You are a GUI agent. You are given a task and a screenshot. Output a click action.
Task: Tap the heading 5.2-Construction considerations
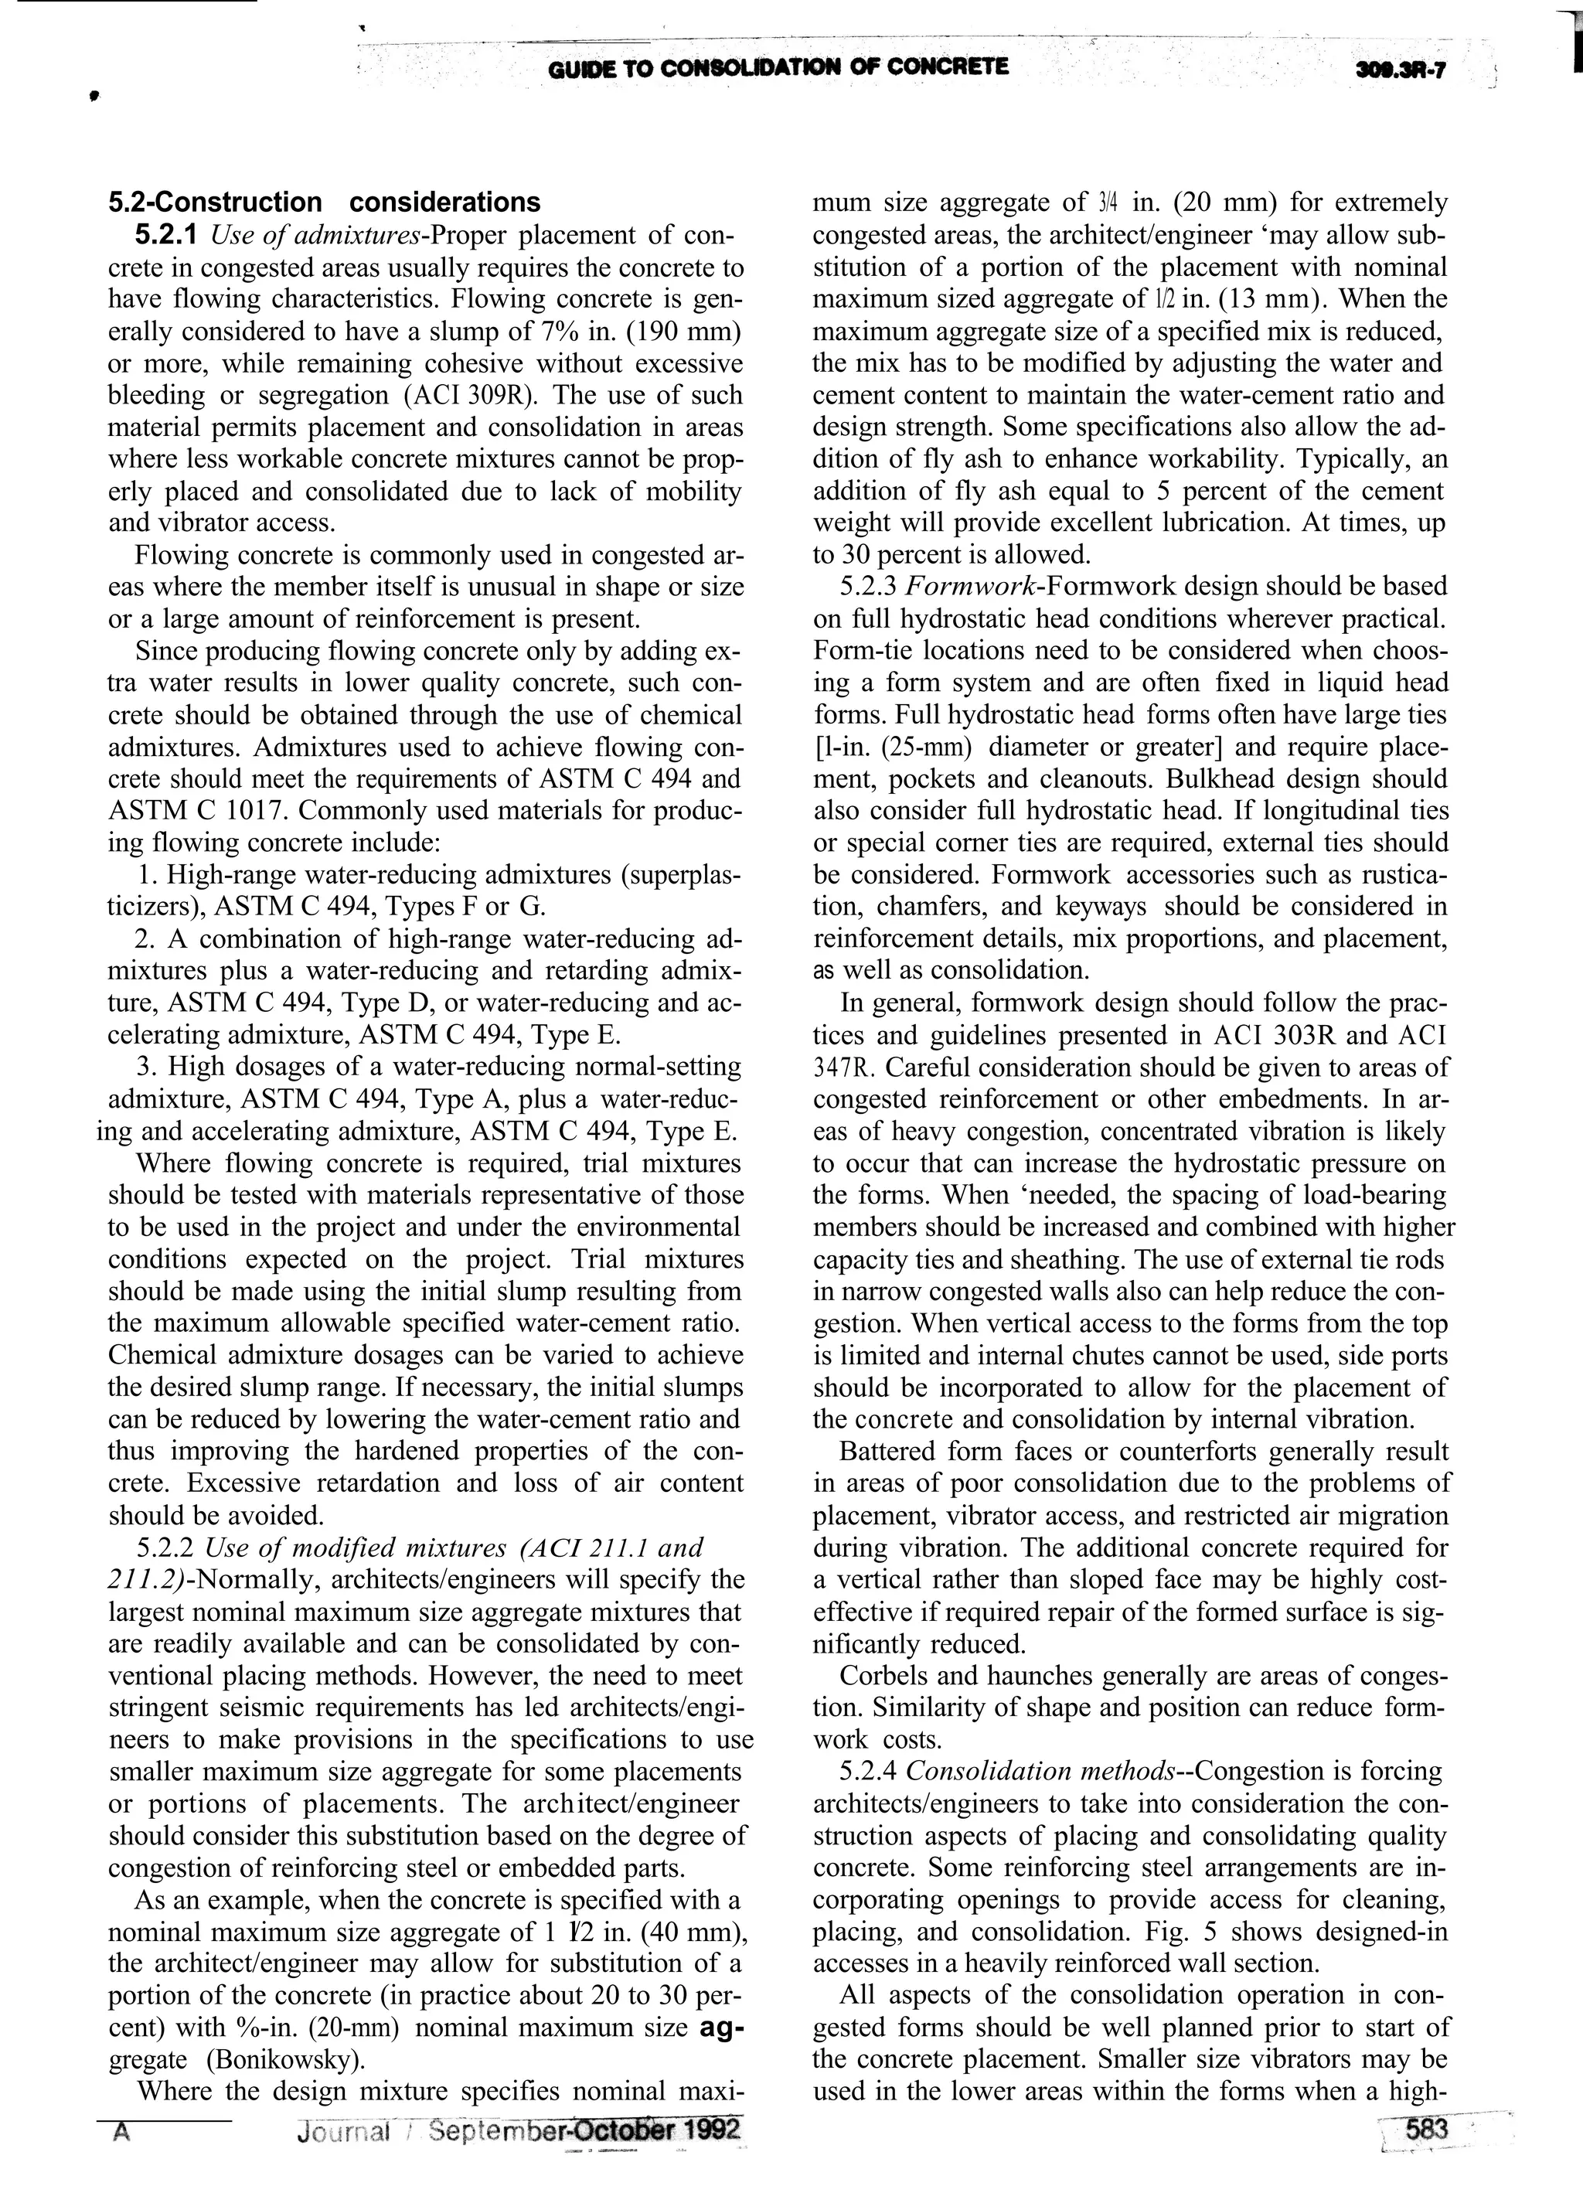[x=324, y=203]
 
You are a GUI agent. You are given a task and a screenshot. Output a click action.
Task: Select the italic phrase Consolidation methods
[x=1041, y=1772]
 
